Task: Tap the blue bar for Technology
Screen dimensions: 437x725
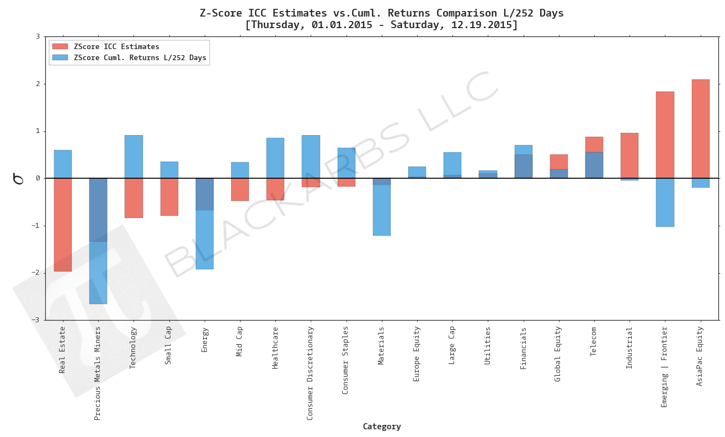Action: [x=134, y=157]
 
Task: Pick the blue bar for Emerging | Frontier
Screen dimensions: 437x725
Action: [x=665, y=202]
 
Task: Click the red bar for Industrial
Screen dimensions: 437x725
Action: [x=629, y=156]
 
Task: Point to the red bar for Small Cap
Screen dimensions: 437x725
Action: [x=169, y=197]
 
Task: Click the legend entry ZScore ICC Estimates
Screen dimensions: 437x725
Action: [x=116, y=47]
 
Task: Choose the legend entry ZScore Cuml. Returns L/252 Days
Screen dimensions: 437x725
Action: [x=140, y=58]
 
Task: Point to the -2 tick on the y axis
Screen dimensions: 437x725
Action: [x=37, y=273]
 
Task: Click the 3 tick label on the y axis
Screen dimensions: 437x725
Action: [x=38, y=37]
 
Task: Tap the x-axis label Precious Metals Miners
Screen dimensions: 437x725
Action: [x=98, y=373]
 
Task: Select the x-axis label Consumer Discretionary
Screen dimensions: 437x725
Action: [x=310, y=373]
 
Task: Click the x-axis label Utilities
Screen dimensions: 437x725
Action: [x=488, y=345]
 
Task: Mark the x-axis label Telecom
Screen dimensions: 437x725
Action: [x=594, y=342]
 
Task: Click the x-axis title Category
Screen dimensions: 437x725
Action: [x=381, y=427]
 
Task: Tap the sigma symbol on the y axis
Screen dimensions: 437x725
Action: [x=19, y=178]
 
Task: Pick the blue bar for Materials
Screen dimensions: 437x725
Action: [x=381, y=210]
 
